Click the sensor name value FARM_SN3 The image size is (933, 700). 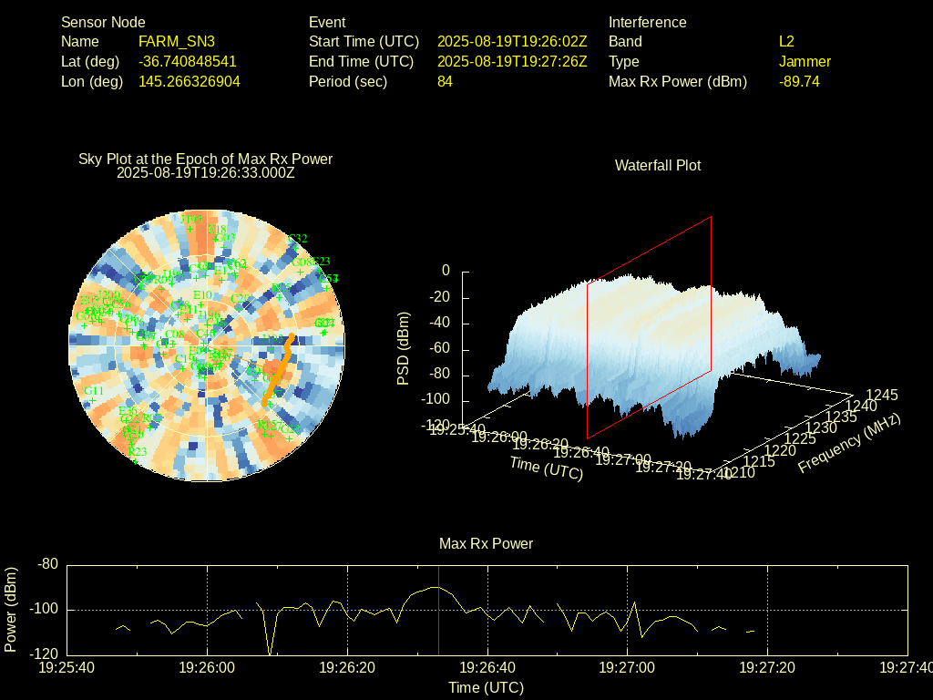pyautogui.click(x=177, y=42)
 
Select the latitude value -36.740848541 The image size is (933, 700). pyautogui.click(x=188, y=62)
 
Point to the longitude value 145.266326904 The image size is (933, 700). pyautogui.click(x=190, y=81)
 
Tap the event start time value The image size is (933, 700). pyautogui.click(x=512, y=42)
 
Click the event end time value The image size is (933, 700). pyautogui.click(x=512, y=62)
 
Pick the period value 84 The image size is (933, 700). pyautogui.click(x=445, y=81)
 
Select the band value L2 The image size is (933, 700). pyautogui.click(x=786, y=42)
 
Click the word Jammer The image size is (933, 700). pyautogui.click(x=805, y=62)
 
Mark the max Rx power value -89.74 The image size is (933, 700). pyautogui.click(x=799, y=81)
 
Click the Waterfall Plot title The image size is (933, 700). pyautogui.click(x=658, y=165)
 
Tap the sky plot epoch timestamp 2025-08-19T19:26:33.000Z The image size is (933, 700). pyautogui.click(x=206, y=171)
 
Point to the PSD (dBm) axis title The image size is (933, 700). pyautogui.click(x=404, y=348)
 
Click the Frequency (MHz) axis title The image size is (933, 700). pyautogui.click(x=849, y=443)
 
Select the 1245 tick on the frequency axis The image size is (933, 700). pyautogui.click(x=881, y=396)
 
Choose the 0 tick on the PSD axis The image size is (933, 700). pyautogui.click(x=446, y=271)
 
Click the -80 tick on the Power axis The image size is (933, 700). pyautogui.click(x=46, y=565)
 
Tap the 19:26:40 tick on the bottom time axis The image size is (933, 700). pyautogui.click(x=487, y=668)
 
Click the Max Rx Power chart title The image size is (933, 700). pyautogui.click(x=486, y=543)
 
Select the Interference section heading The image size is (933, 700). pyautogui.click(x=647, y=22)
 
